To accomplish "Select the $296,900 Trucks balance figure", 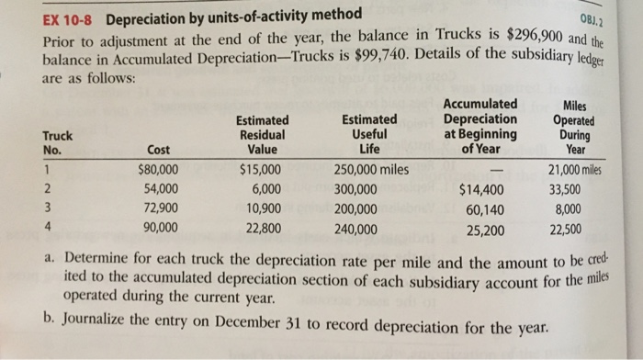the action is tap(539, 35).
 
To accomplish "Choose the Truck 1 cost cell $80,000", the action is tap(158, 170).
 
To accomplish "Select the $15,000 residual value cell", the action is tap(261, 170).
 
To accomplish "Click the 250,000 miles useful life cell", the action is tap(372, 170).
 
